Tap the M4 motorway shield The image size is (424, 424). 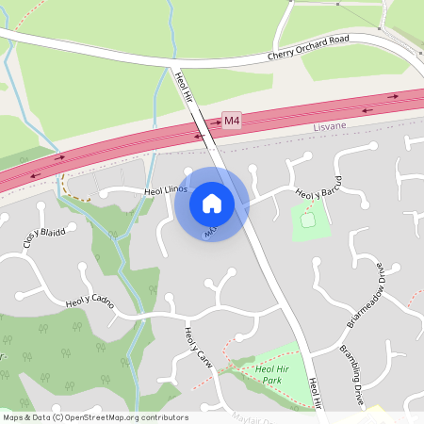(x=232, y=120)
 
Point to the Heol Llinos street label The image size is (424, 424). (x=167, y=190)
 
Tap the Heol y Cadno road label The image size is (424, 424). (x=90, y=303)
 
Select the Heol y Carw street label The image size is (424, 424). (x=197, y=348)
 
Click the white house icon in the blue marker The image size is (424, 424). (x=212, y=204)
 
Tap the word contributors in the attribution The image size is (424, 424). (x=162, y=417)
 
